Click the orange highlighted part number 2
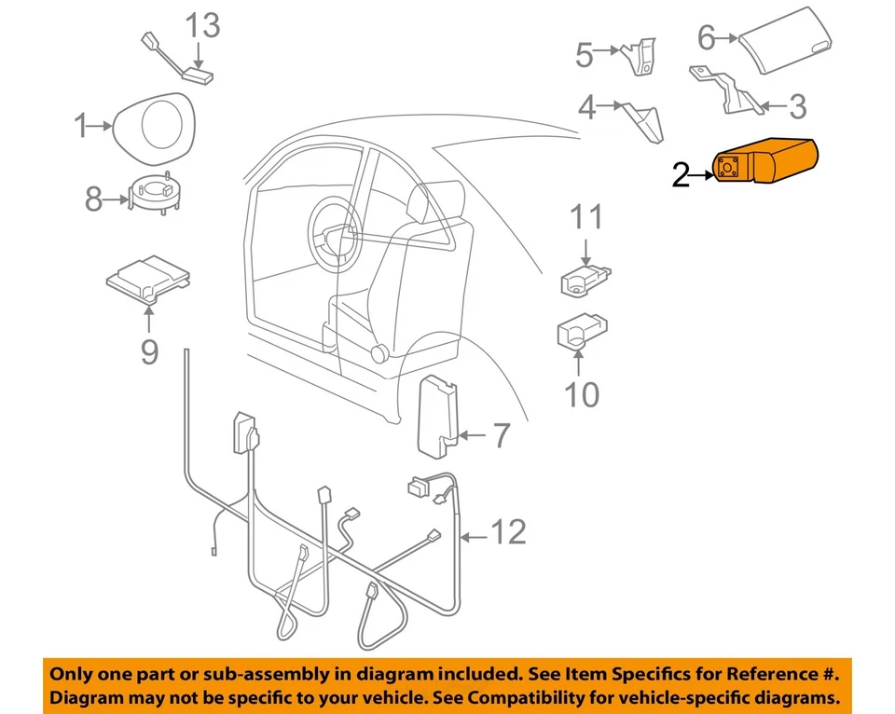[x=764, y=163]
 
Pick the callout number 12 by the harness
[x=507, y=532]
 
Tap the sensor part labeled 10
[x=581, y=335]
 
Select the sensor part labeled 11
[x=584, y=278]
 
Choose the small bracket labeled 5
[x=639, y=56]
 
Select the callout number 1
[x=81, y=124]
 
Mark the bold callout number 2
[x=681, y=174]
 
